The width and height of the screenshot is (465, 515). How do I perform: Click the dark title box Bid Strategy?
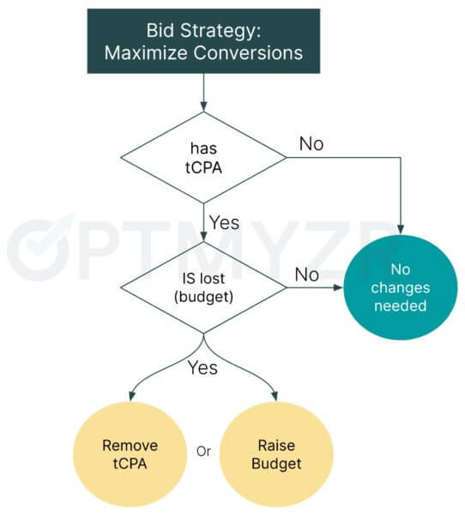click(x=203, y=41)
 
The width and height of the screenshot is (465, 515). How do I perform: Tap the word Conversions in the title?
click(x=248, y=53)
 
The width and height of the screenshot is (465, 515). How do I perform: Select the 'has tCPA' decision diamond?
click(x=203, y=158)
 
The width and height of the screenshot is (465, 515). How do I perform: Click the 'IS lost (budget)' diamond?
click(x=203, y=288)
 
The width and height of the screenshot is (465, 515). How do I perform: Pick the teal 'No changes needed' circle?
click(x=401, y=288)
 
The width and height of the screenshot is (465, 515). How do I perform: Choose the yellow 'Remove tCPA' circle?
click(x=130, y=455)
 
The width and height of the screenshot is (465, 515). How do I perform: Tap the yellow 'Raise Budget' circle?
click(x=276, y=455)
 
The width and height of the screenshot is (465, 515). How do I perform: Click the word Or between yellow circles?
click(x=203, y=451)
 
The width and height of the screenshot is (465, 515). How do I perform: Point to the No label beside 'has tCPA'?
click(x=311, y=144)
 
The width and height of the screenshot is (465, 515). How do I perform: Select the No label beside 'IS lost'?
click(x=307, y=275)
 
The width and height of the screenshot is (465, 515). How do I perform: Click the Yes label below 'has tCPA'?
click(x=224, y=222)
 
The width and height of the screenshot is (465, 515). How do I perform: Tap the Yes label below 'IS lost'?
click(x=202, y=367)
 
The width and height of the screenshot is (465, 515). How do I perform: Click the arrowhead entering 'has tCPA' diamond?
click(x=203, y=107)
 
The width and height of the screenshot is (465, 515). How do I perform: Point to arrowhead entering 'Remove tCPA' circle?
click(x=131, y=397)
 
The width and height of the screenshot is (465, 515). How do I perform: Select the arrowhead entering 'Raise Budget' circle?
click(x=275, y=397)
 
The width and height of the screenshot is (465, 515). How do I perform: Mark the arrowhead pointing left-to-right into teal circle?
click(x=339, y=288)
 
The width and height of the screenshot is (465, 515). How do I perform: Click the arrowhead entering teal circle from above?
click(x=401, y=230)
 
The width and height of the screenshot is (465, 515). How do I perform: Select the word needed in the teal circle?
click(x=401, y=306)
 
